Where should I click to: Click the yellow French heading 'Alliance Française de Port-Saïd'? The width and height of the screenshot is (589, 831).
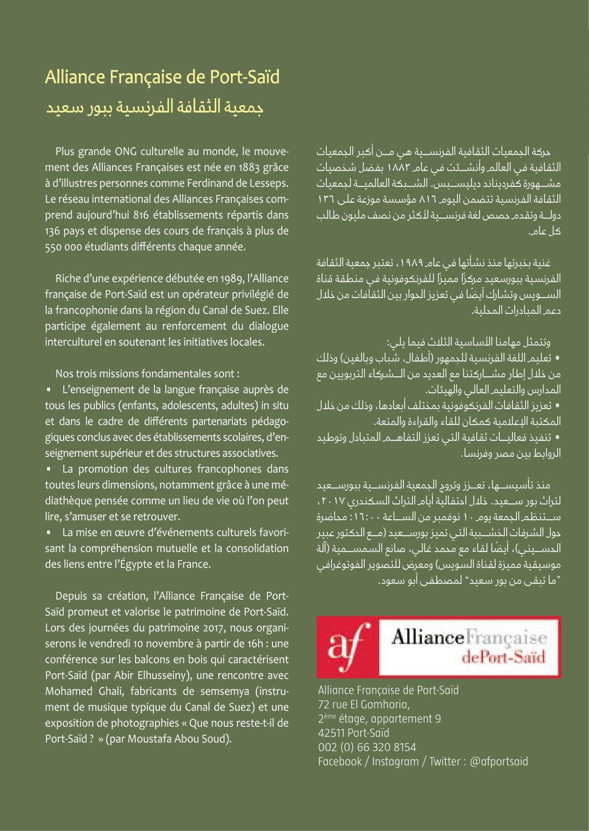pos(162,77)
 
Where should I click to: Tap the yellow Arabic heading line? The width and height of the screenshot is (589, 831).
pos(154,107)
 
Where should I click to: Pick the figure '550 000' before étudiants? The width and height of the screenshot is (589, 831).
pos(63,247)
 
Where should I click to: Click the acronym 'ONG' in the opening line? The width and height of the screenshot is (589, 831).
pos(126,152)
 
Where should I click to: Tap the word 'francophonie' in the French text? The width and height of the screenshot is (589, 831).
pos(83,310)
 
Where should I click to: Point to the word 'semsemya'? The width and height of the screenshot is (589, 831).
pos(224,691)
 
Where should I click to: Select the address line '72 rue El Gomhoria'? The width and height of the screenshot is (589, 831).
pos(364,705)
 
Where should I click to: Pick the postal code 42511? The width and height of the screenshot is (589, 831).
pos(331,733)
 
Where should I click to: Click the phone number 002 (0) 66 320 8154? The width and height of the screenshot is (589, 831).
pos(367,747)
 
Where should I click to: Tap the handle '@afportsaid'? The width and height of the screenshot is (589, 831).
pos(498,762)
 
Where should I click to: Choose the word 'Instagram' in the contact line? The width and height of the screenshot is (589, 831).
pos(395,762)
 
